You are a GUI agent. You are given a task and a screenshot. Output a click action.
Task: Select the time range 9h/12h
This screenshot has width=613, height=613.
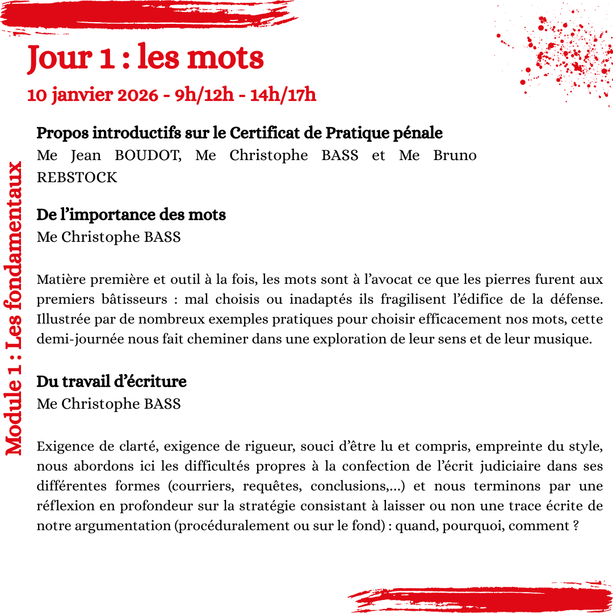[204, 95]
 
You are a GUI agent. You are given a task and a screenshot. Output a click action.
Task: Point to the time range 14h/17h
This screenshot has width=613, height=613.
[283, 95]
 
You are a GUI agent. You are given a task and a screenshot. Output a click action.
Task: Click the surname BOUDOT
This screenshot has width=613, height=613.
[148, 156]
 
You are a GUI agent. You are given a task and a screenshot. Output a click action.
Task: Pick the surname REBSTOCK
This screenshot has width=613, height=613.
[77, 178]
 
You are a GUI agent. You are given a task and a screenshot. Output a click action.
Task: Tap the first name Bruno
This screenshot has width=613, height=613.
[455, 156]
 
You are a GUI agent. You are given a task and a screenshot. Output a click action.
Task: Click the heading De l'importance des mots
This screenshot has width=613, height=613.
[131, 215]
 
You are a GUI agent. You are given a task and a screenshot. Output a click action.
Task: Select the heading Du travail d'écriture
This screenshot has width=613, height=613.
[111, 381]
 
